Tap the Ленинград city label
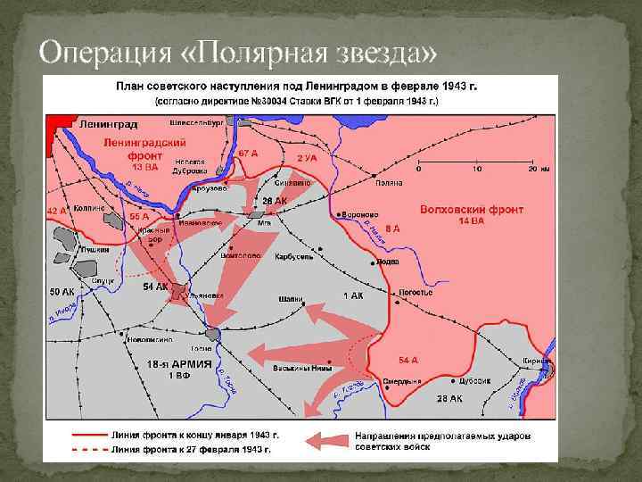pos(108,124)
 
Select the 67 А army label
pos(249,154)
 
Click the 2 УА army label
pos(307,157)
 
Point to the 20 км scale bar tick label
pos(536,169)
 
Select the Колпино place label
pos(90,207)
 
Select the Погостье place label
pos(415,292)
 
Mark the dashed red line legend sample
pos(89,448)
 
